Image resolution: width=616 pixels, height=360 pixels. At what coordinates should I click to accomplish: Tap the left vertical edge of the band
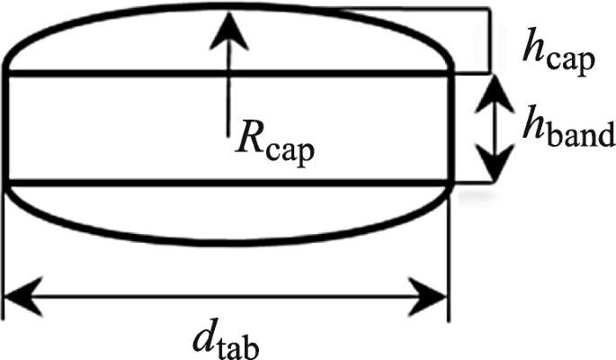click(x=7, y=126)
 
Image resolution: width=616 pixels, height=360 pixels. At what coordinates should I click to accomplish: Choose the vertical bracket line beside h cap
click(x=491, y=40)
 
